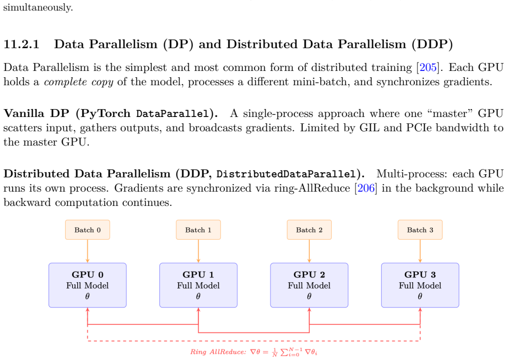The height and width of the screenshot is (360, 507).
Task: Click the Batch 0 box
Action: [x=87, y=230]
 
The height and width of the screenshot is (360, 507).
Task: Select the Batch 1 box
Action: [x=198, y=230]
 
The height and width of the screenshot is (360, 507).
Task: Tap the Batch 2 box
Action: [x=309, y=230]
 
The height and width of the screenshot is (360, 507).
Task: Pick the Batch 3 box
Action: [x=420, y=230]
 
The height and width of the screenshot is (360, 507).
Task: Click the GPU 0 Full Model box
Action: [x=87, y=285]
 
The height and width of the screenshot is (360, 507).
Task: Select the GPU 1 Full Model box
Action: [x=198, y=285]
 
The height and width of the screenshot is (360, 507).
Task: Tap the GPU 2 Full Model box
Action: [x=309, y=285]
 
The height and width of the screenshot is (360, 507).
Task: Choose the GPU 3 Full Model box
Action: [x=420, y=285]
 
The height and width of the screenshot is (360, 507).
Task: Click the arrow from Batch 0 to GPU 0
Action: [x=87, y=251]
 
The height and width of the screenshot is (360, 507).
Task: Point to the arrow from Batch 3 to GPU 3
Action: [x=420, y=251]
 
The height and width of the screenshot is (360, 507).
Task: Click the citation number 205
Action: [x=428, y=67]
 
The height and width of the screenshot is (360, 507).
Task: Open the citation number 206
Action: [x=366, y=188]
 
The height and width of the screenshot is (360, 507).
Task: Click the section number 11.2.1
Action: [x=21, y=44]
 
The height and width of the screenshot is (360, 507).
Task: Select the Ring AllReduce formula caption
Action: [x=253, y=352]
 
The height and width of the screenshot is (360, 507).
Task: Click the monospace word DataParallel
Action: [x=173, y=114]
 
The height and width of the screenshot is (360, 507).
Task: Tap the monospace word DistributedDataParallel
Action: [x=286, y=174]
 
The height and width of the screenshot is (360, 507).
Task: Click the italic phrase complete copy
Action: [x=78, y=82]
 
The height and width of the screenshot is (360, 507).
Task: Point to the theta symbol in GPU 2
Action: [x=309, y=296]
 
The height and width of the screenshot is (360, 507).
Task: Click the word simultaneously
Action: [x=38, y=7]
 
